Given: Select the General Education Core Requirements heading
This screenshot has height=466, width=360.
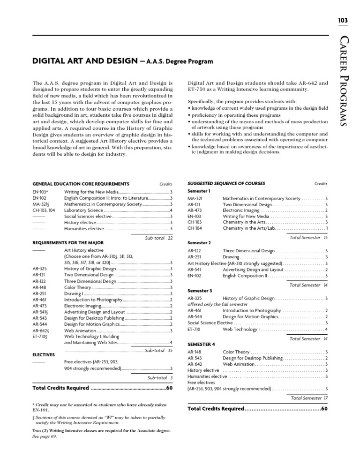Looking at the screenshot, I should (81, 183).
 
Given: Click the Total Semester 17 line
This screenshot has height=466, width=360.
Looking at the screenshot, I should (309, 398).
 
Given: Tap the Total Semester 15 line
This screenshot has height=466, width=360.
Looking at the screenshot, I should (309, 238).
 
